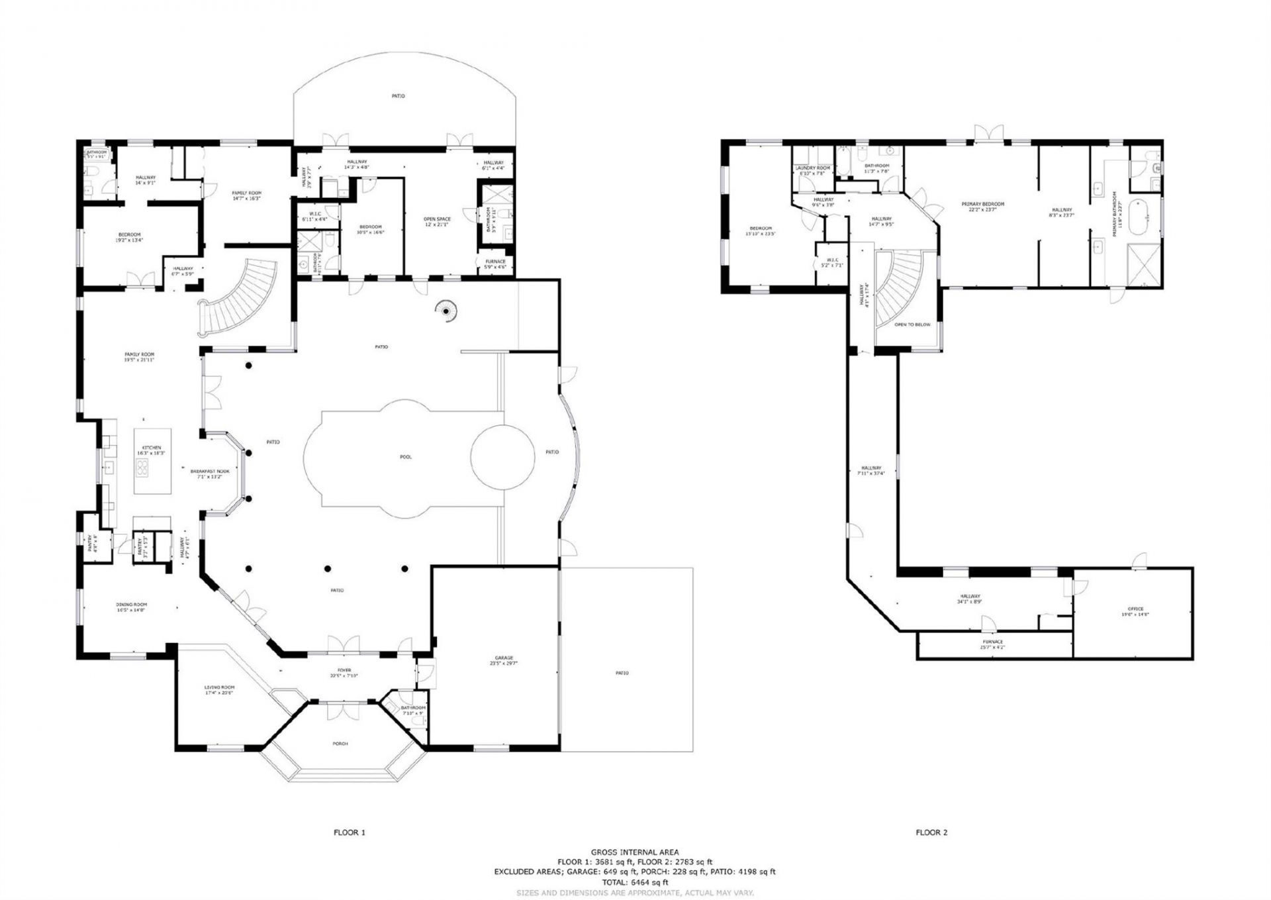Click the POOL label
tap(406, 457)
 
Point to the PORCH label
tap(340, 744)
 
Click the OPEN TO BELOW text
tap(912, 325)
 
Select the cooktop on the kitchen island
tap(143, 468)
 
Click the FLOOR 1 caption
tap(349, 832)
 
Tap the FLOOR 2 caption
tap(931, 832)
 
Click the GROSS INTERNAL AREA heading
tap(634, 852)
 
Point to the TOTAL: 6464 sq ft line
tap(634, 882)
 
